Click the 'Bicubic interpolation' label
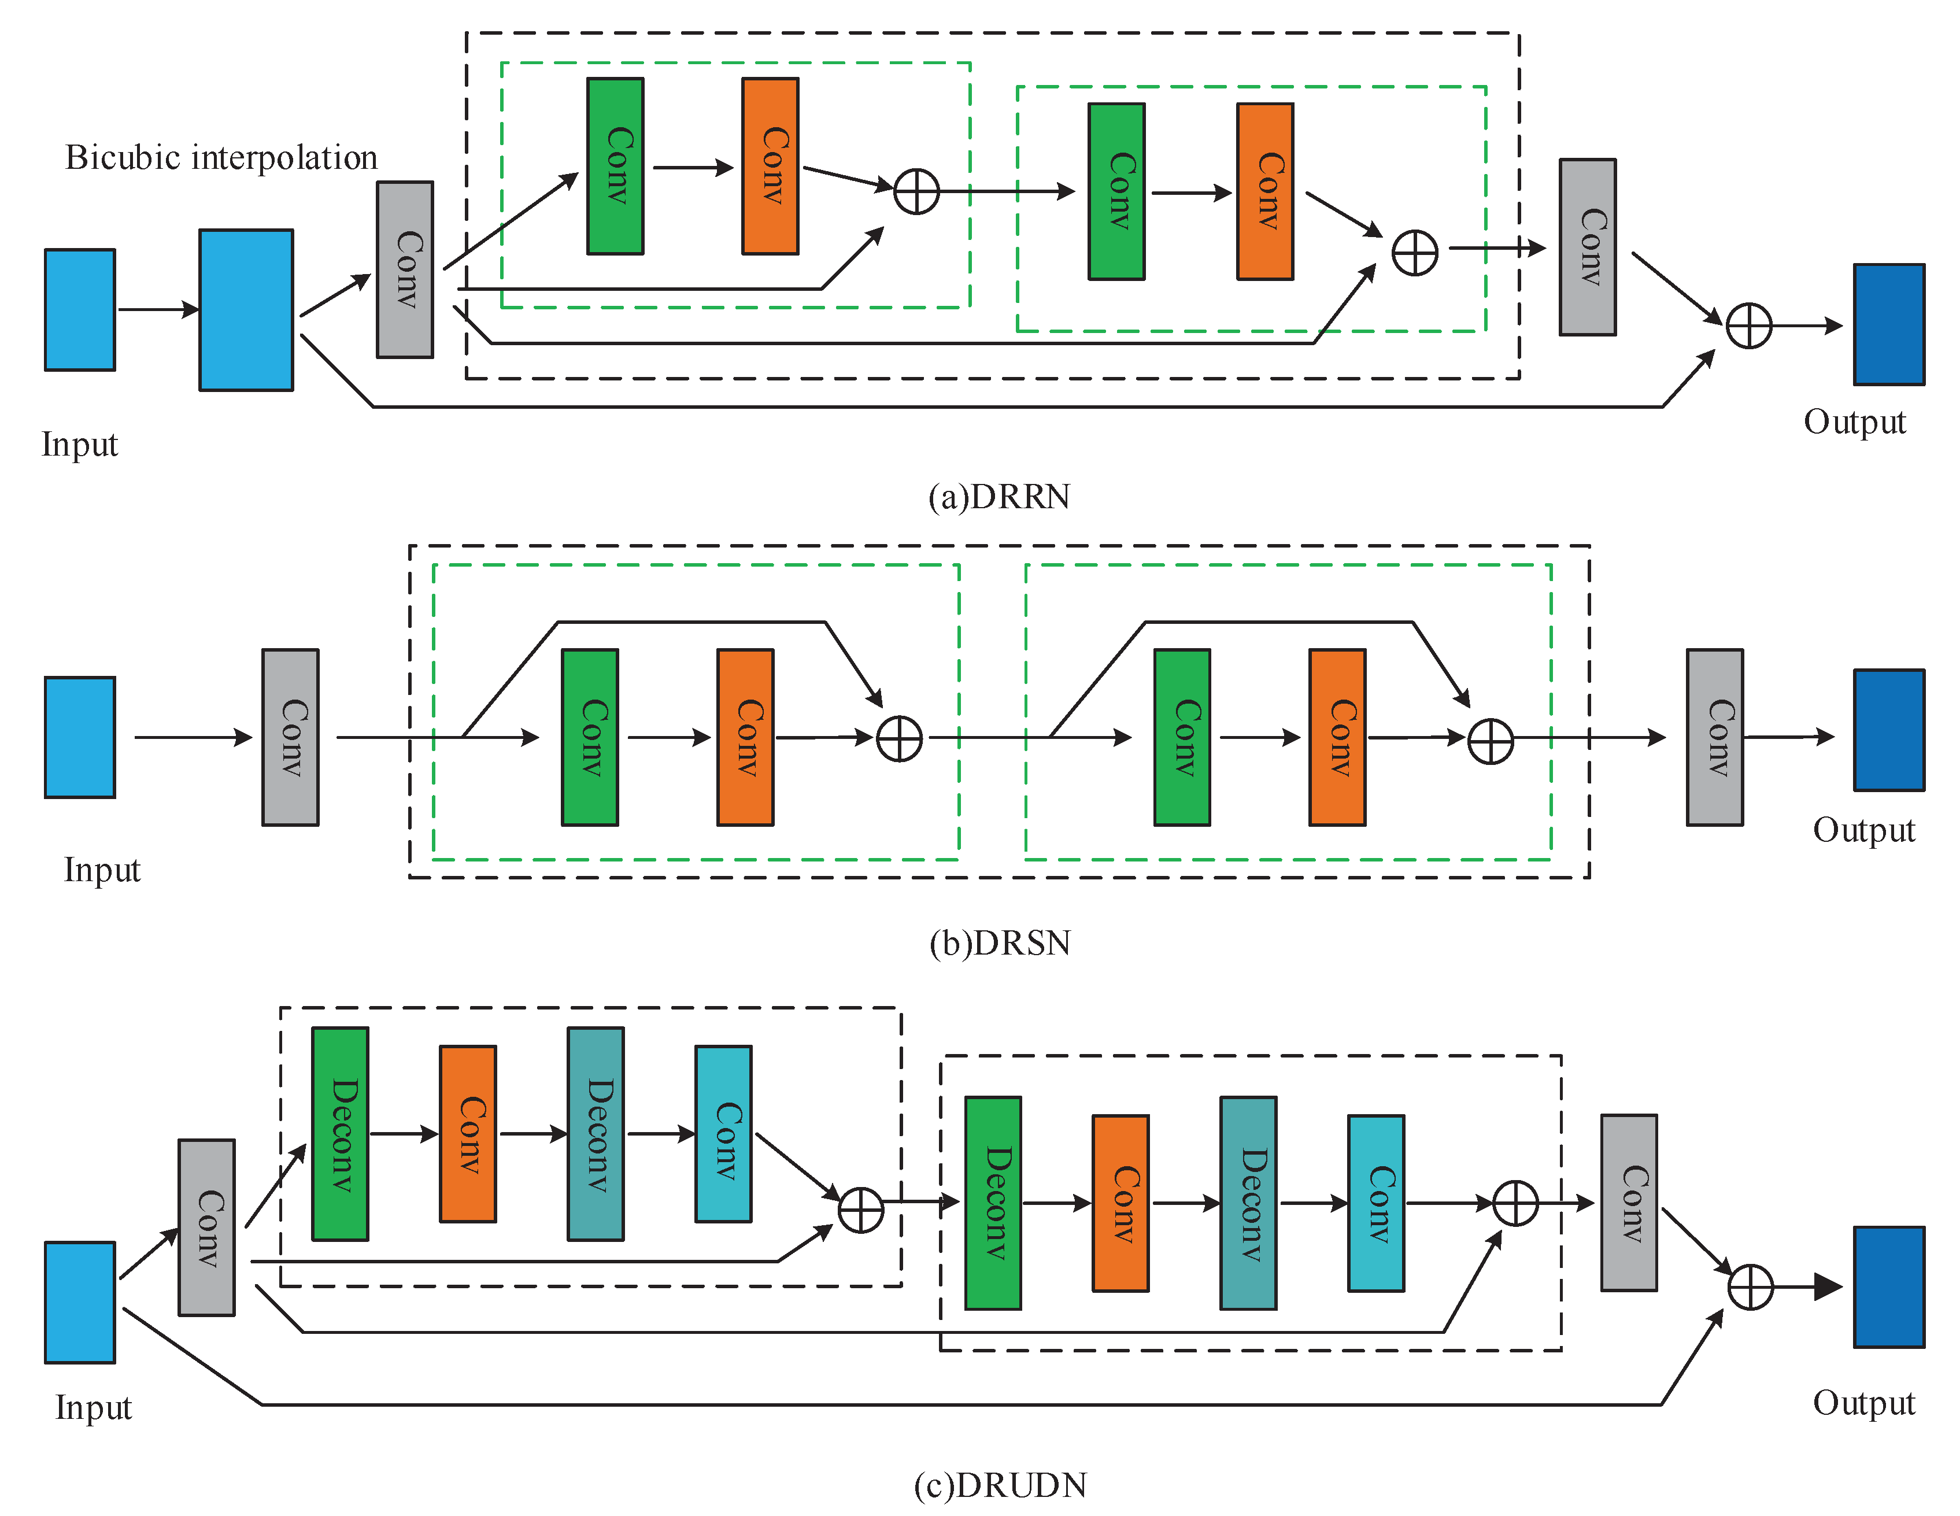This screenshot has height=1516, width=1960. pos(221,158)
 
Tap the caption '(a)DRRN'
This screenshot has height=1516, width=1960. pos(999,496)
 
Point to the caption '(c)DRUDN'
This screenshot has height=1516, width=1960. pos(1000,1485)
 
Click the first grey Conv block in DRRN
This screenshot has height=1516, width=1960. pos(405,269)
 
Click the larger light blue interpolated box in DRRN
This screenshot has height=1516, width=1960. pos(246,310)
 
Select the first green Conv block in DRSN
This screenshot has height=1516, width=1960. pos(590,737)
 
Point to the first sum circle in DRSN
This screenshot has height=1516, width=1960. pos(898,739)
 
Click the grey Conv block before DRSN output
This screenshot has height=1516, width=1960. pos(1714,737)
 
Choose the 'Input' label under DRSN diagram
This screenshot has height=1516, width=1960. pos(101,870)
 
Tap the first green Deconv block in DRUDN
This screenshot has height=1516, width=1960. pos(340,1134)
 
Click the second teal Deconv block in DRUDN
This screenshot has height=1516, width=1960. pos(1248,1203)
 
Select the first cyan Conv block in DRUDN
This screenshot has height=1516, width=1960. pos(723,1134)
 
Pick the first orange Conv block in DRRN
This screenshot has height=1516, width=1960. pos(770,166)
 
